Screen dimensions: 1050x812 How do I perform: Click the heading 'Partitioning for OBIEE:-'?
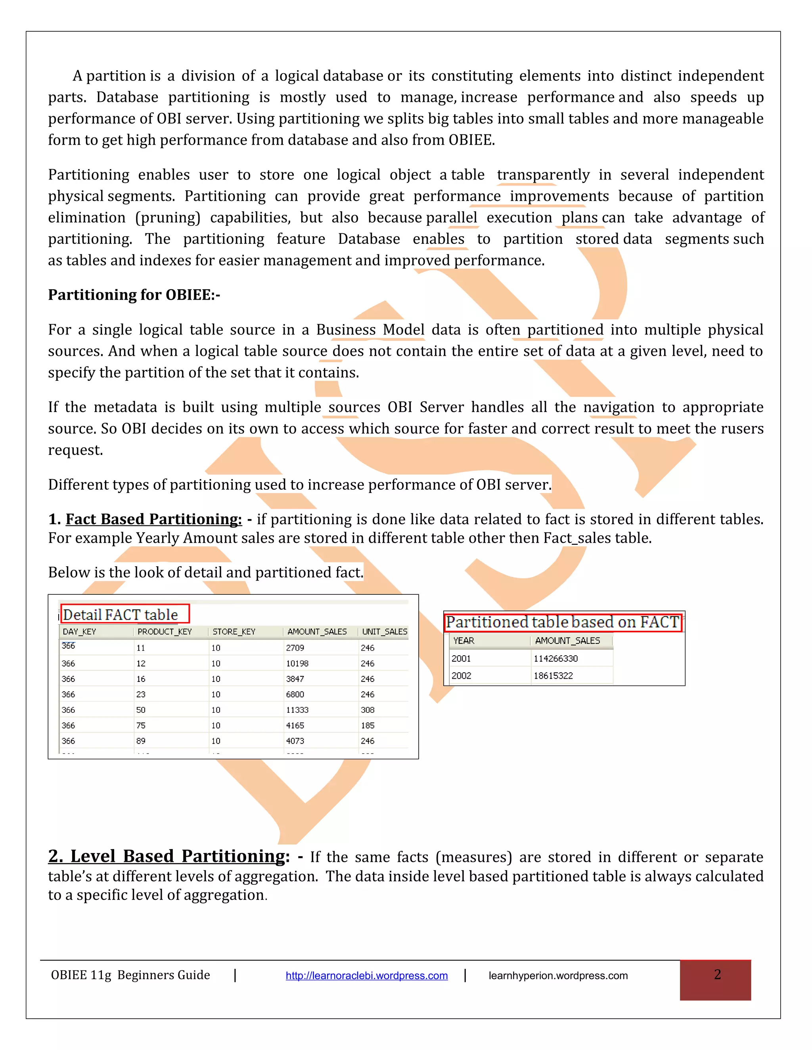click(134, 295)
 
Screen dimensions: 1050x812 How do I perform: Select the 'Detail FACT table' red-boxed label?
click(121, 615)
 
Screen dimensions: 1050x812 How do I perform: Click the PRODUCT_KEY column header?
click(165, 632)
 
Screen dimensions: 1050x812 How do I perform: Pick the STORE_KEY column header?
click(234, 632)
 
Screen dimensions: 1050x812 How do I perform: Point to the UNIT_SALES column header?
click(384, 632)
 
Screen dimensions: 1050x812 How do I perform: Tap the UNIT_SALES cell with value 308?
click(368, 710)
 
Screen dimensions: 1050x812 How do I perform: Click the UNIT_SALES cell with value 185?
click(368, 725)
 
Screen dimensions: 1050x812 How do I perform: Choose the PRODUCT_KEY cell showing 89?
click(141, 741)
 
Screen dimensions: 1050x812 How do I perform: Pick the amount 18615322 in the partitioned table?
click(553, 676)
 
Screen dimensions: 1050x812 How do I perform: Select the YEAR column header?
click(464, 641)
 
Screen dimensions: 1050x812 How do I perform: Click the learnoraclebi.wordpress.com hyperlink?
click(367, 976)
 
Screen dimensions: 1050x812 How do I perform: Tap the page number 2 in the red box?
click(717, 975)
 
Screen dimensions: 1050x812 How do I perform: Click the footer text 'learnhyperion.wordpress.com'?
click(558, 976)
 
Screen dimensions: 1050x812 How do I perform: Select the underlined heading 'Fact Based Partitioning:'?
click(153, 519)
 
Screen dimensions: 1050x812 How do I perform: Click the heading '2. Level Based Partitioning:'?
click(169, 856)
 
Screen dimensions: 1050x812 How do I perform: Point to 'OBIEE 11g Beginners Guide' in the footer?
click(130, 975)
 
